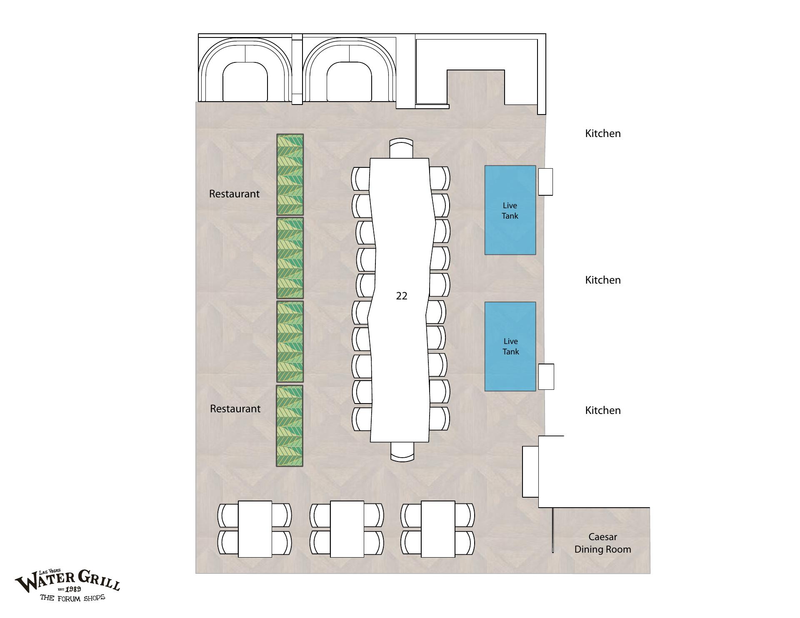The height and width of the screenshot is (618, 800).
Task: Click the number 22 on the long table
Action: pos(401,296)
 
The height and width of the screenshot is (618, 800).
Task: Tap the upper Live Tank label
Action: pos(510,210)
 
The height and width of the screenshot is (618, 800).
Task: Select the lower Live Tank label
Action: pos(510,346)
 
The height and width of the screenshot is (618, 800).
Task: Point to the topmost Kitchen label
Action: pos(603,133)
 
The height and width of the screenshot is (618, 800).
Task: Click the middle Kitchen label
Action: pos(603,280)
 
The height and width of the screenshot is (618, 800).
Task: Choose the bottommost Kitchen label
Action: pos(603,410)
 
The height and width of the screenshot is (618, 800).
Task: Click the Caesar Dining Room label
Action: pos(603,543)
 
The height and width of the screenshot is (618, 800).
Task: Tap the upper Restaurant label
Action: pos(234,194)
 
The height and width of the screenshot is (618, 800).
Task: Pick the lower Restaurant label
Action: pos(235,409)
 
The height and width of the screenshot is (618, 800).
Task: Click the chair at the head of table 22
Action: pos(401,148)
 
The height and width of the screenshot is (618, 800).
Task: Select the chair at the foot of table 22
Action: pos(402,451)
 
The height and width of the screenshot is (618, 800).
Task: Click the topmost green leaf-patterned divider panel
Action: pos(290,174)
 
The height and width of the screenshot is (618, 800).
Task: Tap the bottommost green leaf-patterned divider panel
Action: pos(290,426)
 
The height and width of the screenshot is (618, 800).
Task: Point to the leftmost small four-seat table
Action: pos(255,529)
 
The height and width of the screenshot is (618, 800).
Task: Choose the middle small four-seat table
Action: pos(347,529)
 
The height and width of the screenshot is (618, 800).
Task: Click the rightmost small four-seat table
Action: pos(438,529)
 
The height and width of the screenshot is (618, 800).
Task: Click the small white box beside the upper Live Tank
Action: pos(545,182)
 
